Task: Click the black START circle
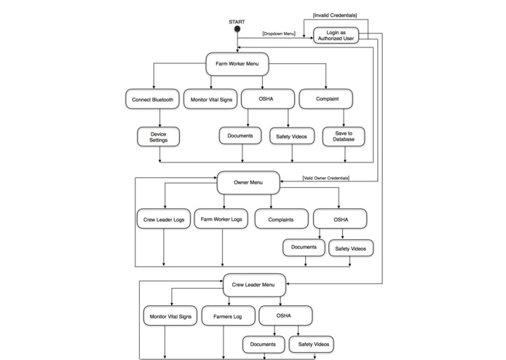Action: coord(237,30)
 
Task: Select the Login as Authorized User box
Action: coord(336,35)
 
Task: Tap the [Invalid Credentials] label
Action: coord(335,15)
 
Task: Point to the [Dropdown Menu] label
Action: coord(279,34)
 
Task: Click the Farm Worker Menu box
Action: coord(237,63)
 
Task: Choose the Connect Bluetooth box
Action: coord(152,99)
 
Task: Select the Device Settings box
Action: coord(158,136)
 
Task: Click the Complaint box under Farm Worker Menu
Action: coord(326,99)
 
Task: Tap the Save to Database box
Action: coord(344,136)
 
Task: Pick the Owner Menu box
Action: coord(249,182)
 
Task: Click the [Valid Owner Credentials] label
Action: coord(325,178)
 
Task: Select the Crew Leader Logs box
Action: coord(163,219)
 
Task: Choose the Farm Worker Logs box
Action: coord(221,219)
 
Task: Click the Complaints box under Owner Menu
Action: coord(281,219)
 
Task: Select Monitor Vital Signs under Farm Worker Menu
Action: coord(210,99)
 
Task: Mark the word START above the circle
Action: coord(237,22)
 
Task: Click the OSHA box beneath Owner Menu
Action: coord(340,219)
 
